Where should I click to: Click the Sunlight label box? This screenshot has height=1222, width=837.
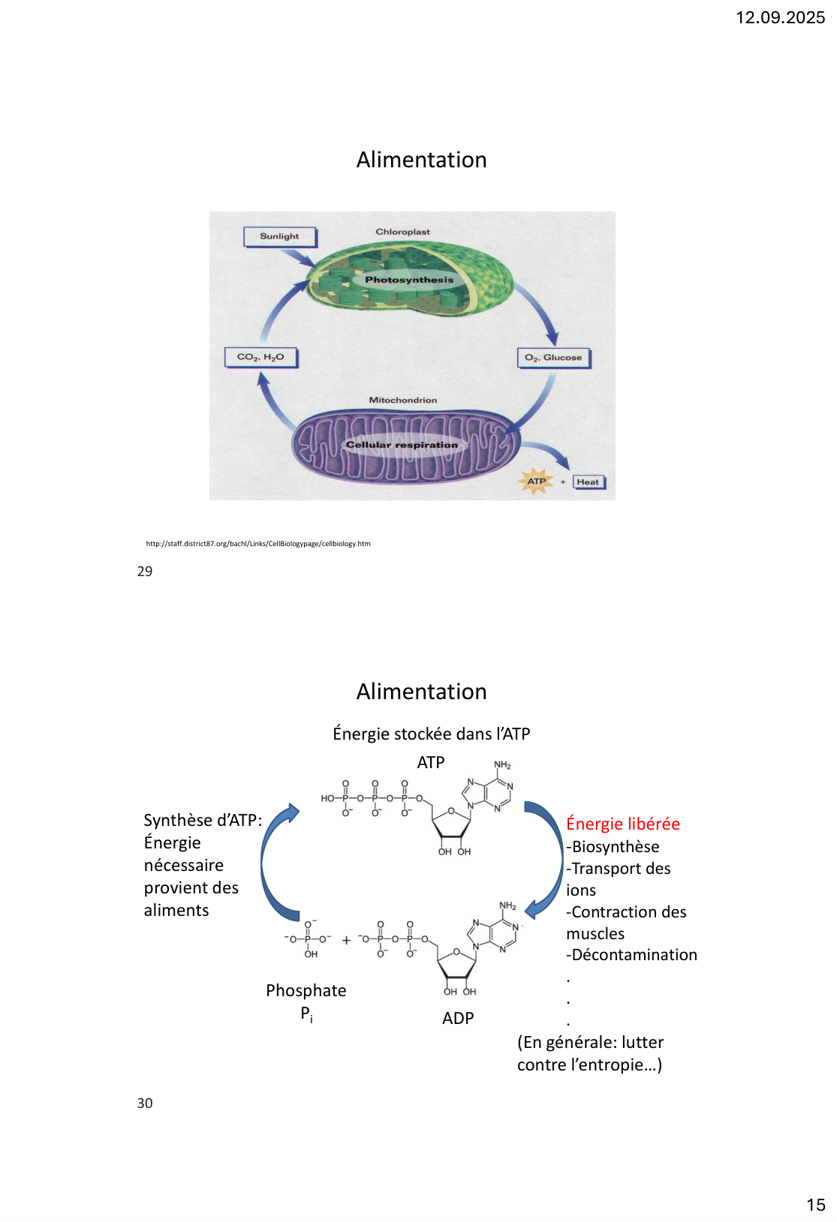point(279,236)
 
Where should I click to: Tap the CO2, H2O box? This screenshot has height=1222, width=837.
point(260,357)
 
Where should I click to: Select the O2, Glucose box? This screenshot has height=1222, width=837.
point(553,358)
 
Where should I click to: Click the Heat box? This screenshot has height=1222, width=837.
point(588,482)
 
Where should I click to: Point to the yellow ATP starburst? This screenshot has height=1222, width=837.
point(537,482)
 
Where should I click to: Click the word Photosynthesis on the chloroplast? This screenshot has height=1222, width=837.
point(409,280)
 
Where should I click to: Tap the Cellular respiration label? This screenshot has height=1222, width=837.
point(402,445)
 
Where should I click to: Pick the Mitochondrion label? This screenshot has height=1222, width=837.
point(402,400)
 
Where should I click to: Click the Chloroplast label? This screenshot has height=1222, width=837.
point(402,232)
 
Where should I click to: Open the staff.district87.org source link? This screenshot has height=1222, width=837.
point(258,544)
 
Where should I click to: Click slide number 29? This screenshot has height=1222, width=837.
point(145,572)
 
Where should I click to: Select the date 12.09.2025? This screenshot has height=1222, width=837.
point(780,18)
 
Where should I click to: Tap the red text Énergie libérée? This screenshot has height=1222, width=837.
point(623,824)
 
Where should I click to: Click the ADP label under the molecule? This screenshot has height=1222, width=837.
point(458,1018)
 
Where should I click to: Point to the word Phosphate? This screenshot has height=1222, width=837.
point(306,990)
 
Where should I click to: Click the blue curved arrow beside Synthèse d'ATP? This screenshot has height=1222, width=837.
point(274,863)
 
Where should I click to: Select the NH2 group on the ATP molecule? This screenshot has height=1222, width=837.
point(502,765)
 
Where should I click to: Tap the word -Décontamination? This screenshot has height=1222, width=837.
point(632,955)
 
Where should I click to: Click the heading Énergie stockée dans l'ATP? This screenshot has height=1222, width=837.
point(432,734)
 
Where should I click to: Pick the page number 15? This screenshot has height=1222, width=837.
point(816,1205)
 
